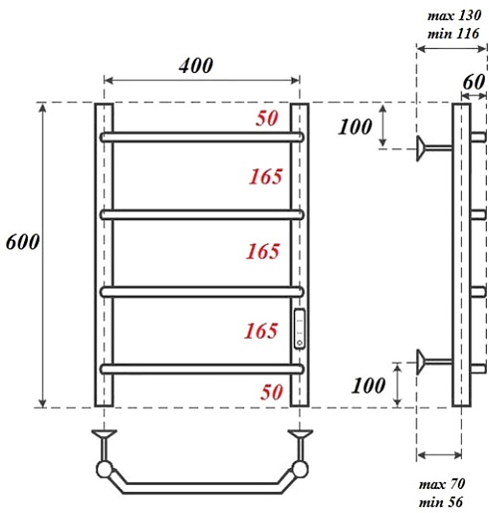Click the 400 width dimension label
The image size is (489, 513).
[x=196, y=66]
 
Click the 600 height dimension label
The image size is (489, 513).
[x=23, y=242]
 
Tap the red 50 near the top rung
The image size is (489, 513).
[x=267, y=119]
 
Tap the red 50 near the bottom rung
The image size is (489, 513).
[x=272, y=391]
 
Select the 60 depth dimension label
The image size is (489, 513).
[x=474, y=82]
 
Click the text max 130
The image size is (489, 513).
[x=454, y=15]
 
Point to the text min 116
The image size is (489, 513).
[x=453, y=34]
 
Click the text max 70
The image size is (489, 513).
[x=442, y=484]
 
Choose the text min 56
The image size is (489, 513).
[x=440, y=502]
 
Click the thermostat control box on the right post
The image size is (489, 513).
[x=300, y=329]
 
